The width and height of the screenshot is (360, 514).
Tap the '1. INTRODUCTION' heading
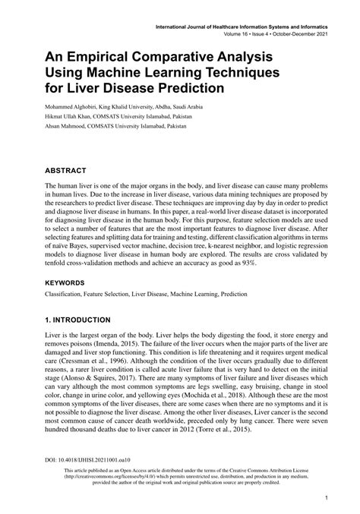point(89,320)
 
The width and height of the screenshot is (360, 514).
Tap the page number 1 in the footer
point(325,499)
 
